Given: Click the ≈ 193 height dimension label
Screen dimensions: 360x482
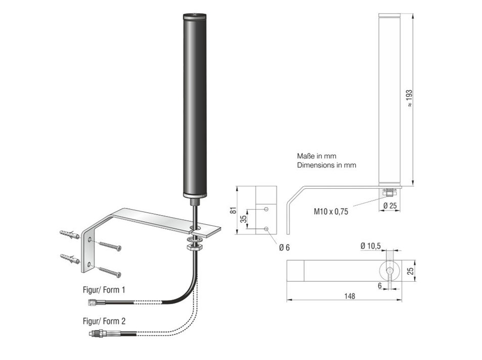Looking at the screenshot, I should (x=409, y=98).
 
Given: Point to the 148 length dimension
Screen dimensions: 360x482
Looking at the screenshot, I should (x=348, y=296).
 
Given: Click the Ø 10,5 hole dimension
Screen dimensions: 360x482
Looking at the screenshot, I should (x=371, y=245).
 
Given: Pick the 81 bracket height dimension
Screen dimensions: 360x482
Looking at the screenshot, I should (x=233, y=211).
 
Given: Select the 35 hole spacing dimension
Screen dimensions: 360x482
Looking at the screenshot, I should (x=243, y=219).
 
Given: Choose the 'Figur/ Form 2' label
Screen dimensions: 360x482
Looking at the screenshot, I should (x=104, y=321).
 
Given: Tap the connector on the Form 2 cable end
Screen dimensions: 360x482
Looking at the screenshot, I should (x=98, y=334).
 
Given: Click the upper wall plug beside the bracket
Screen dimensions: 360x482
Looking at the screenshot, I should (x=70, y=235).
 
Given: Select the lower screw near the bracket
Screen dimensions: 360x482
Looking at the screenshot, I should (x=110, y=271).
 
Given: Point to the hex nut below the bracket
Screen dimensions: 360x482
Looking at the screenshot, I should (x=194, y=247).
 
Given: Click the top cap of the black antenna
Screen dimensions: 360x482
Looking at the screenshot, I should (x=195, y=16).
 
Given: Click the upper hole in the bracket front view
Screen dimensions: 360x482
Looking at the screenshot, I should (x=266, y=208).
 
